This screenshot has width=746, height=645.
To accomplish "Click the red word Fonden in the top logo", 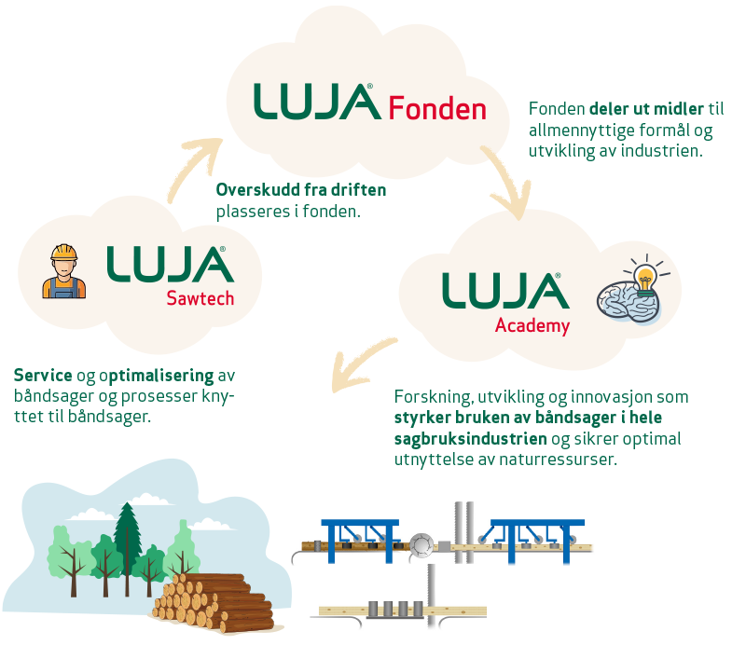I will (x=437, y=108).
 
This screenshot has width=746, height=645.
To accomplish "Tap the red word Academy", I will (x=532, y=325).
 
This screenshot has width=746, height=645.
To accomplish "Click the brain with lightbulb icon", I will (x=631, y=293).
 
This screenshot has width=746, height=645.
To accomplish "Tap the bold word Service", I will (x=44, y=376).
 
